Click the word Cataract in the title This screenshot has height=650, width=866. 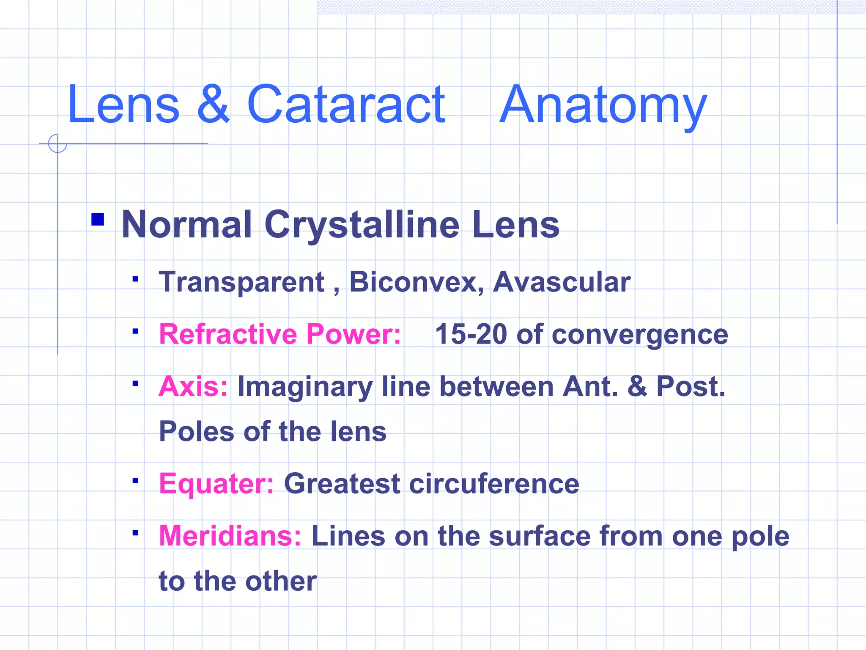point(345,105)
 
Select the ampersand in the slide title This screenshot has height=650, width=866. point(214,105)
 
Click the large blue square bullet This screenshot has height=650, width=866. point(98,220)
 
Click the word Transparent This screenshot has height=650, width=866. point(241,282)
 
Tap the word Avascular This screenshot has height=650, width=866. point(562,282)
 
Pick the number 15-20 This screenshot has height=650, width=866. point(471,334)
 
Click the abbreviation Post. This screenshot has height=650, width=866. point(691,386)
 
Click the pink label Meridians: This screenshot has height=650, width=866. point(230,536)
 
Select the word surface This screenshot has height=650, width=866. point(539,536)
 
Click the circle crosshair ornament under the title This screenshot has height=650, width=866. point(58,143)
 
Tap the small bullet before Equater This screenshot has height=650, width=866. point(135,481)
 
